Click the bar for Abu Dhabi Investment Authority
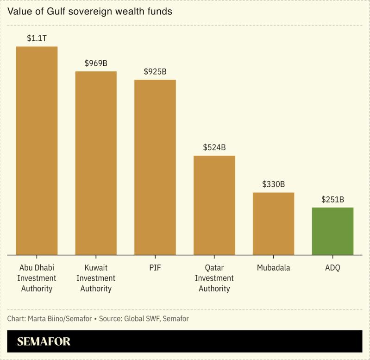tap(37, 151)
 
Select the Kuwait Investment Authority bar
tap(96, 163)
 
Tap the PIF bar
tap(155, 167)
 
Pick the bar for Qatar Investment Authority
tap(214, 205)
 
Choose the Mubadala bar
tap(273, 223)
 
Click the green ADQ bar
tap(332, 231)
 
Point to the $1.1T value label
tap(37, 38)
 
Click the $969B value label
tap(96, 63)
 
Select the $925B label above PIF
tap(155, 72)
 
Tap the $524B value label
tap(214, 148)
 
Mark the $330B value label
tap(273, 184)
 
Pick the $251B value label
tap(332, 200)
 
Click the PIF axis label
tap(155, 268)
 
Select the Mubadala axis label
tap(273, 268)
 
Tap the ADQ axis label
tap(332, 268)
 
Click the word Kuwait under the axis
tap(96, 268)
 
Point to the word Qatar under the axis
tap(214, 268)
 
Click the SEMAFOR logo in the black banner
tap(44, 342)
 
